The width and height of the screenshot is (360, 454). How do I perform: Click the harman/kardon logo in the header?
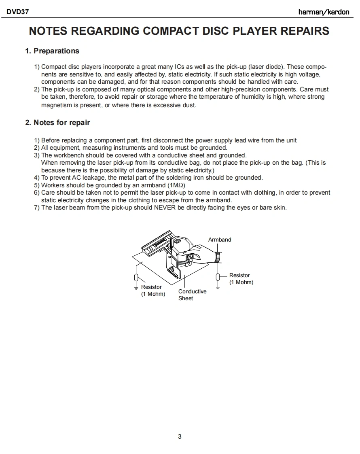tap(324, 12)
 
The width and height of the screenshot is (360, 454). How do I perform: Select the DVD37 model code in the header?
tap(17, 12)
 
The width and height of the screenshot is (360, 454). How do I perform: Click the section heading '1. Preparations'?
tap(52, 51)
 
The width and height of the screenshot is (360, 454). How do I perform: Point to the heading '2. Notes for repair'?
tap(57, 123)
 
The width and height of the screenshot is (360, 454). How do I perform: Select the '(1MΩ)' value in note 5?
tap(176, 185)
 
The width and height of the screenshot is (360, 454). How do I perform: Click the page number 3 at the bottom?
tap(180, 436)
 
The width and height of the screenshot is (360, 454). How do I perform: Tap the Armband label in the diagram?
tap(220, 240)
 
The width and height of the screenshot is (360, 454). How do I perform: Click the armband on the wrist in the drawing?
tap(218, 257)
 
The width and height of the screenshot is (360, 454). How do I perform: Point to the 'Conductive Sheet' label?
tap(192, 295)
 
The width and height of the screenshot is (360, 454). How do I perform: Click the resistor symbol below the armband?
tap(218, 277)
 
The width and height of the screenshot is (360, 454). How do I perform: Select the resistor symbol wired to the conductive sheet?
tap(136, 278)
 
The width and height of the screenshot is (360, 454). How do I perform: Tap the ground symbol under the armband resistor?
tap(218, 287)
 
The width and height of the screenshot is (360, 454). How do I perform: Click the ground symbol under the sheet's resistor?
tap(136, 288)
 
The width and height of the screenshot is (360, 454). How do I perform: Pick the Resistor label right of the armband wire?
tap(240, 276)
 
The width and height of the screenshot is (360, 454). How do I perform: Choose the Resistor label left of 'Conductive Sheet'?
tap(151, 287)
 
